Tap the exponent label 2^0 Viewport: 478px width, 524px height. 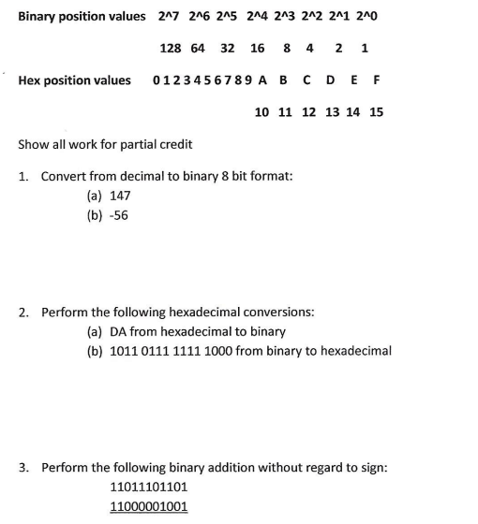pos(369,17)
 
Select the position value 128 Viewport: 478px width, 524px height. pos(171,48)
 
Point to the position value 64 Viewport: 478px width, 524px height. pos(198,48)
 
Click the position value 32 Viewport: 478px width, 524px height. pos(227,48)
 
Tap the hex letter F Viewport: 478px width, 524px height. pos(376,80)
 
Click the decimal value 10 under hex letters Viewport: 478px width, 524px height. pos(262,112)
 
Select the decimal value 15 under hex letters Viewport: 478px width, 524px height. pos(376,112)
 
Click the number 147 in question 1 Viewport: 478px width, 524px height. pos(120,196)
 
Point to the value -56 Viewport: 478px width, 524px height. pos(119,214)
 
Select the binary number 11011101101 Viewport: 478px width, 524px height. pos(149,487)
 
